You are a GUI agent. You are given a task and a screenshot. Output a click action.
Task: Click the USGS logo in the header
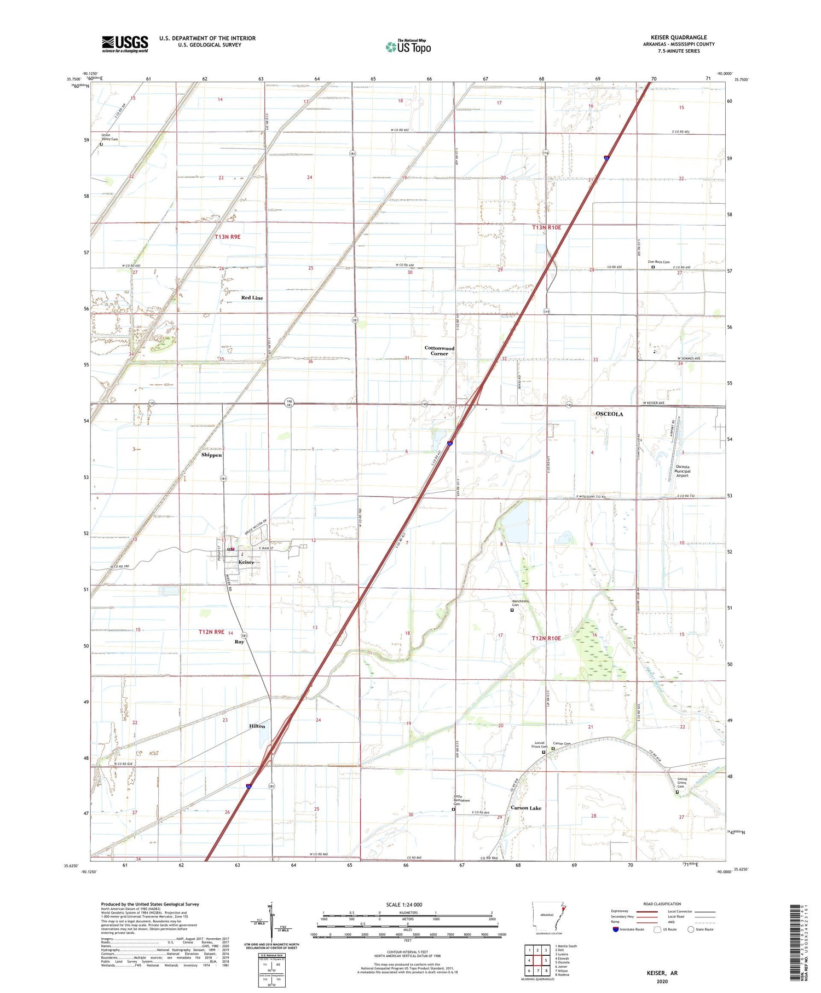(125, 44)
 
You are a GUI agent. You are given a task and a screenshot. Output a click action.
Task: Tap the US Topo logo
(408, 47)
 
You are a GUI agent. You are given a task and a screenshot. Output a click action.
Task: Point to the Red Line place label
(252, 298)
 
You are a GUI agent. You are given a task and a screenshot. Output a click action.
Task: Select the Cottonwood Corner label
(440, 351)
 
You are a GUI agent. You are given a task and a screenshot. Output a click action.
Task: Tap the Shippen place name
(211, 455)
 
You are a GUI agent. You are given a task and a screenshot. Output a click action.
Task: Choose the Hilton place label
(257, 726)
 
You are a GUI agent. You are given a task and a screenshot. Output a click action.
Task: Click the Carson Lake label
(525, 808)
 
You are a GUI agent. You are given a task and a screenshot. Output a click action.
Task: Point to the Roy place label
(239, 641)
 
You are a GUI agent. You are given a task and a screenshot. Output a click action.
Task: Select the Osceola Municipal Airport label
(682, 471)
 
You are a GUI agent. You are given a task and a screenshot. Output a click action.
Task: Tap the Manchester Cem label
(521, 602)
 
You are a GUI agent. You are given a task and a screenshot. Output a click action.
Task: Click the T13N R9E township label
(228, 237)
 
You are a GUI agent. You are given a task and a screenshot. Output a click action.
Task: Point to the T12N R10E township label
(546, 638)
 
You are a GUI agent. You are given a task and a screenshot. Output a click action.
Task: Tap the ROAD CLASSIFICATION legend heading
(662, 904)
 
